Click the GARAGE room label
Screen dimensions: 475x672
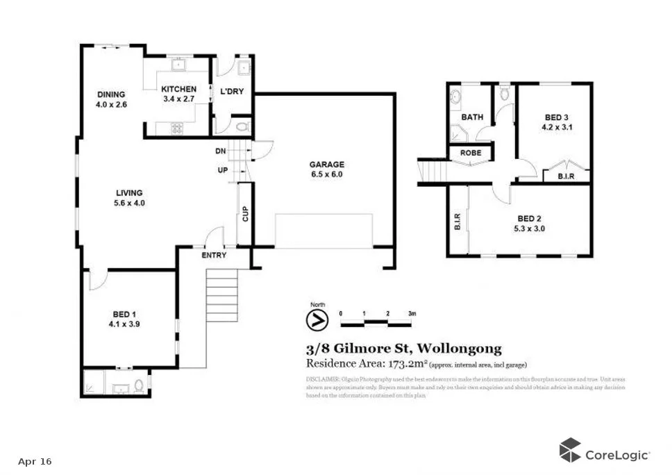click(x=326, y=165)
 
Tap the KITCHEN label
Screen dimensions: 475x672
click(x=179, y=89)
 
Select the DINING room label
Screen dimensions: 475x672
click(x=111, y=94)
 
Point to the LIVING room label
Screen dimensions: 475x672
click(x=129, y=192)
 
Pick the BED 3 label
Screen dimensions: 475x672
click(x=554, y=117)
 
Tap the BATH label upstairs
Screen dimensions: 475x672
click(x=472, y=117)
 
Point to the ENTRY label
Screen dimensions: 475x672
click(x=214, y=255)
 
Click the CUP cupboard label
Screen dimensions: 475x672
click(x=245, y=214)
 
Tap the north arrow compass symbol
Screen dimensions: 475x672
click(x=317, y=320)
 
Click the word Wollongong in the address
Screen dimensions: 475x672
click(x=462, y=349)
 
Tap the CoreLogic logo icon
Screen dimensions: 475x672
click(x=570, y=449)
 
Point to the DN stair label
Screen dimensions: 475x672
click(x=220, y=151)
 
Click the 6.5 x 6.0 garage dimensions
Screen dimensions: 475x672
click(x=326, y=174)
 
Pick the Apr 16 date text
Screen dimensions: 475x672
click(x=35, y=461)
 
